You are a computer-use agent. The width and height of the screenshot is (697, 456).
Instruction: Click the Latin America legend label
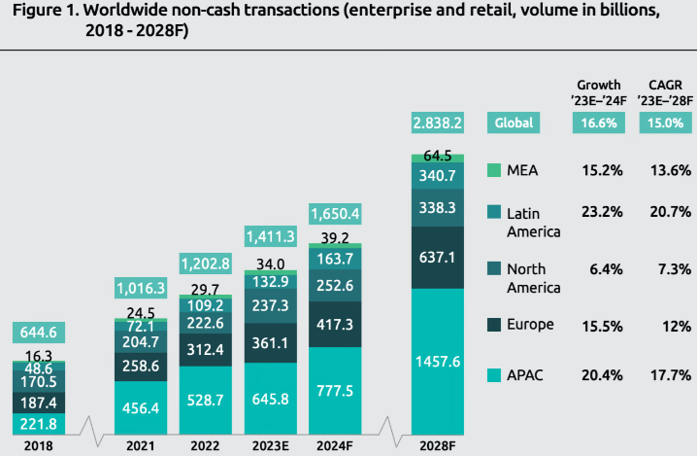click(534, 222)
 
